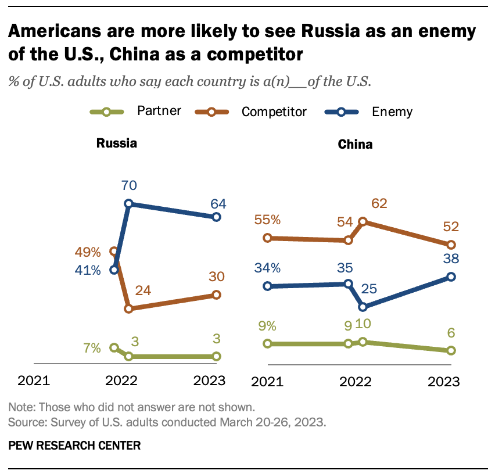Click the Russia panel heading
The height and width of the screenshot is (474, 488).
(x=116, y=143)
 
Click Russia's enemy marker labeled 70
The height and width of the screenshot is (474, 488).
(x=128, y=204)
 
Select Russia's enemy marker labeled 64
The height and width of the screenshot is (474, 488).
(x=216, y=217)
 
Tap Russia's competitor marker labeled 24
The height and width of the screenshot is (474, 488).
(x=128, y=309)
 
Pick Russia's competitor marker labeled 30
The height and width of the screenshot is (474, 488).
(x=216, y=295)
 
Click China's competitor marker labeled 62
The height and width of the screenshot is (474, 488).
(x=363, y=221)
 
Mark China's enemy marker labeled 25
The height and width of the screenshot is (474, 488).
(x=363, y=307)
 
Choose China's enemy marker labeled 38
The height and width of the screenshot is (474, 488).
(x=451, y=276)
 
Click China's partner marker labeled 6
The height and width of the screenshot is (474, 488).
(x=451, y=350)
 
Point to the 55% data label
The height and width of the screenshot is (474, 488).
(x=267, y=220)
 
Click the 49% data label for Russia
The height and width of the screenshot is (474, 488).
(x=88, y=253)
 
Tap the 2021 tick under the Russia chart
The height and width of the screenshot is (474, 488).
(x=34, y=382)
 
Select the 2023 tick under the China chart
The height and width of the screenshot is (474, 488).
(x=443, y=382)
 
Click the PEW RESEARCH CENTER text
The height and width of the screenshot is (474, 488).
(x=74, y=446)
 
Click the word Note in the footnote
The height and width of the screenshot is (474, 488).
(x=20, y=407)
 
